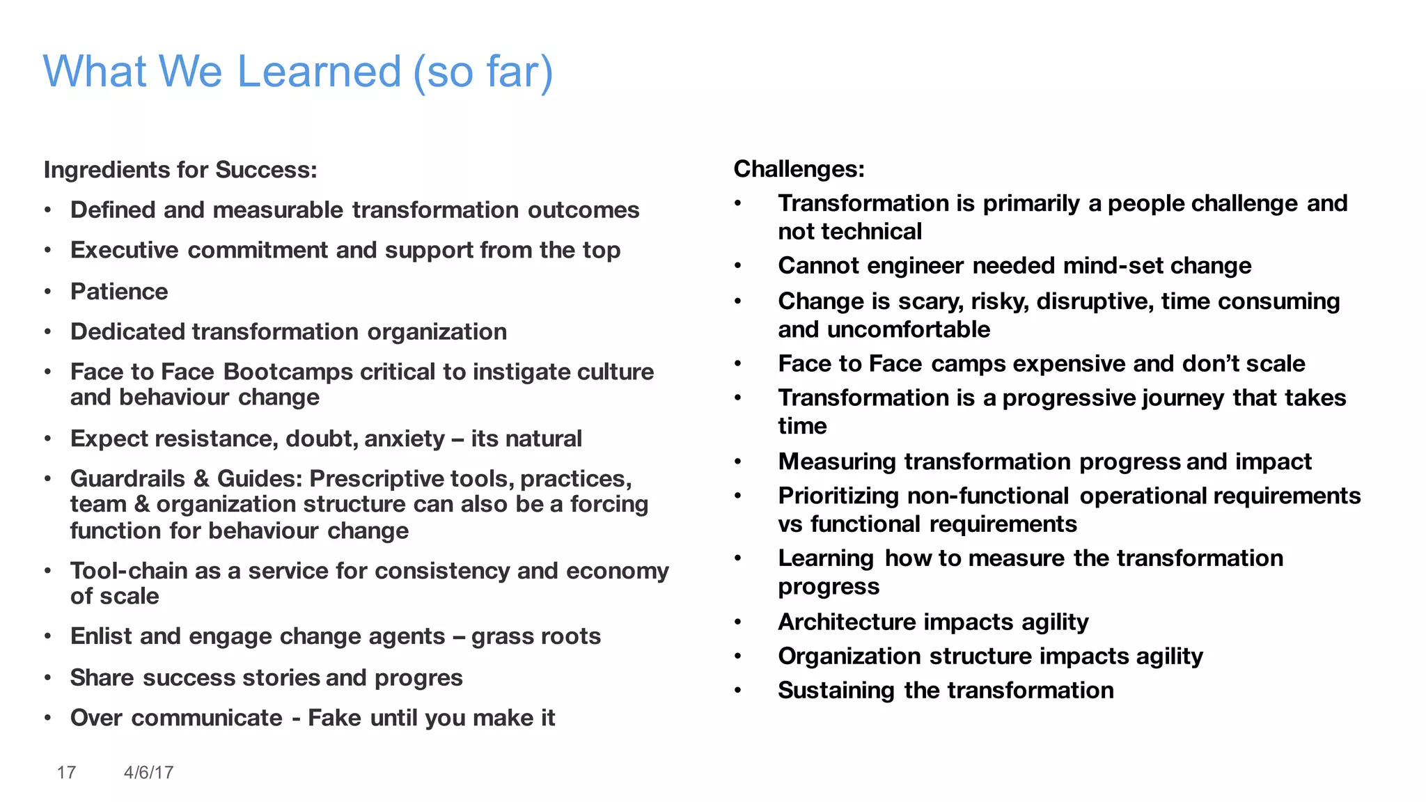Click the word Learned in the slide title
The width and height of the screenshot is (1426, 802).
(319, 71)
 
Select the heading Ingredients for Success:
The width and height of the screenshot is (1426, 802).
(180, 170)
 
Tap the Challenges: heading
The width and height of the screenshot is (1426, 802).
(799, 168)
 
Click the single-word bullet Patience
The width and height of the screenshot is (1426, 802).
(119, 291)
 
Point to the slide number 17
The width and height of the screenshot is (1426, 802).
(66, 772)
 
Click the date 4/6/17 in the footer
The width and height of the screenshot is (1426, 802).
(148, 772)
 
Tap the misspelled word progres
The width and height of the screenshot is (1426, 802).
(418, 678)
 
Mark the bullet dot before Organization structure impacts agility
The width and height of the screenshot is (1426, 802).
(738, 656)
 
